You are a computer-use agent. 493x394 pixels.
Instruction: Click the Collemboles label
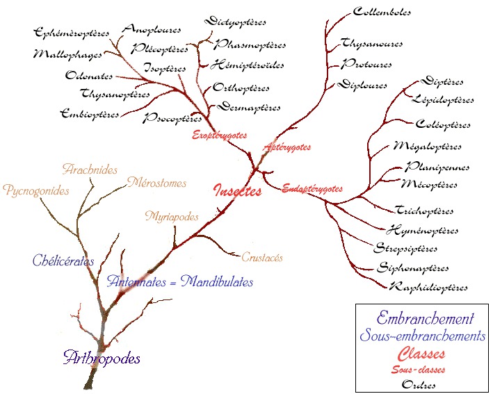click(382, 12)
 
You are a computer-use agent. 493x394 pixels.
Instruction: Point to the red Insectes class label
click(238, 190)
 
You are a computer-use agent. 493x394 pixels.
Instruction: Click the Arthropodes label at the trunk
click(102, 359)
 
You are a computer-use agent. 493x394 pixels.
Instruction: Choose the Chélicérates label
click(63, 261)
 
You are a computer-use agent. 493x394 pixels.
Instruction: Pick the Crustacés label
click(262, 257)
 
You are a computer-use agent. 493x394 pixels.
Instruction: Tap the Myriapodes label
click(172, 217)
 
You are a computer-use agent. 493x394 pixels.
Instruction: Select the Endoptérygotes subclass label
click(312, 188)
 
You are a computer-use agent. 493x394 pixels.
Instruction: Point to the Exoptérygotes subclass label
click(219, 136)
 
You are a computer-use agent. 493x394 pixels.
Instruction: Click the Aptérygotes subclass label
click(286, 147)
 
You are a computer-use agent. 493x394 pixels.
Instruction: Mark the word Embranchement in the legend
click(425, 319)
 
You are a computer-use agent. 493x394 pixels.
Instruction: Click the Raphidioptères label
click(428, 287)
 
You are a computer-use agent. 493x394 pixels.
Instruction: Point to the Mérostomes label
click(156, 183)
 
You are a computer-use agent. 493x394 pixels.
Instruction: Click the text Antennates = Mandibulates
click(180, 282)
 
